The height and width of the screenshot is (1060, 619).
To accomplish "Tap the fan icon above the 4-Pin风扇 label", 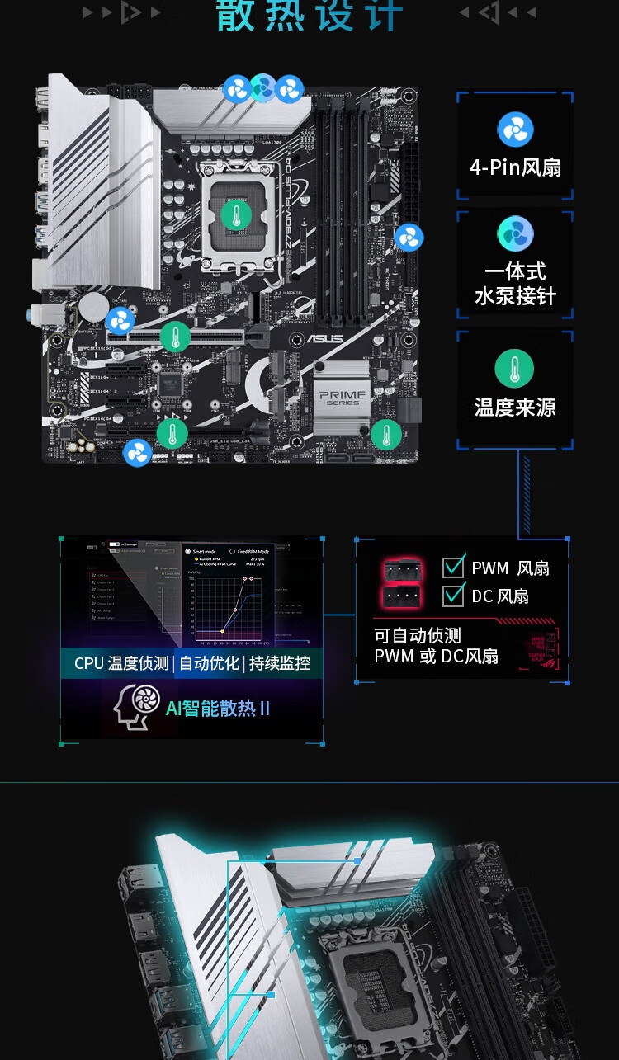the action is pos(515,130).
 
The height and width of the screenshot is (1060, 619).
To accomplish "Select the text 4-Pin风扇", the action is pos(515,167).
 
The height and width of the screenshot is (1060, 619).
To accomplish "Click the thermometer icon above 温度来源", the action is pos(515,369).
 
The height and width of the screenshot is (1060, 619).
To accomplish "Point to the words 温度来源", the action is pos(515,408).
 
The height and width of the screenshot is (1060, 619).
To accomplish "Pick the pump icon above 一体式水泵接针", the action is pos(515,234).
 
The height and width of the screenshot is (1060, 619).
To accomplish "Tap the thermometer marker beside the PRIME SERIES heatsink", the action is pos(385,434).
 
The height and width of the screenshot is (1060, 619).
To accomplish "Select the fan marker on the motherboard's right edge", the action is pos(409,238).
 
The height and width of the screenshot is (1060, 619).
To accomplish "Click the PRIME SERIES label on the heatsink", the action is pos(343,397).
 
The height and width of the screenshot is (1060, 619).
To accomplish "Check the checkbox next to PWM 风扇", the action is pos(453,567).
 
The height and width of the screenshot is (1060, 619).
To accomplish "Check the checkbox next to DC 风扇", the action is pos(453,596).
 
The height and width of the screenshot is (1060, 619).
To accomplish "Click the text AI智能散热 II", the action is pos(218,708).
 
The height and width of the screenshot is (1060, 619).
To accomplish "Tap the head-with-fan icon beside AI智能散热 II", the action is pos(136,707).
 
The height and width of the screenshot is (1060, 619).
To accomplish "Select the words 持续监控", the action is pos(280,663).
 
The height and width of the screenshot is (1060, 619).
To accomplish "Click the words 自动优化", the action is pos(209,663).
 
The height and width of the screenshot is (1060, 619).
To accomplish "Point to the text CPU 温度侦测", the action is pos(120,663).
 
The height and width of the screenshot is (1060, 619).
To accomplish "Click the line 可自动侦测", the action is pos(418,635).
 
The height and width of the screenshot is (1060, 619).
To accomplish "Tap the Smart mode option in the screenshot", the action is pos(204,550).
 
